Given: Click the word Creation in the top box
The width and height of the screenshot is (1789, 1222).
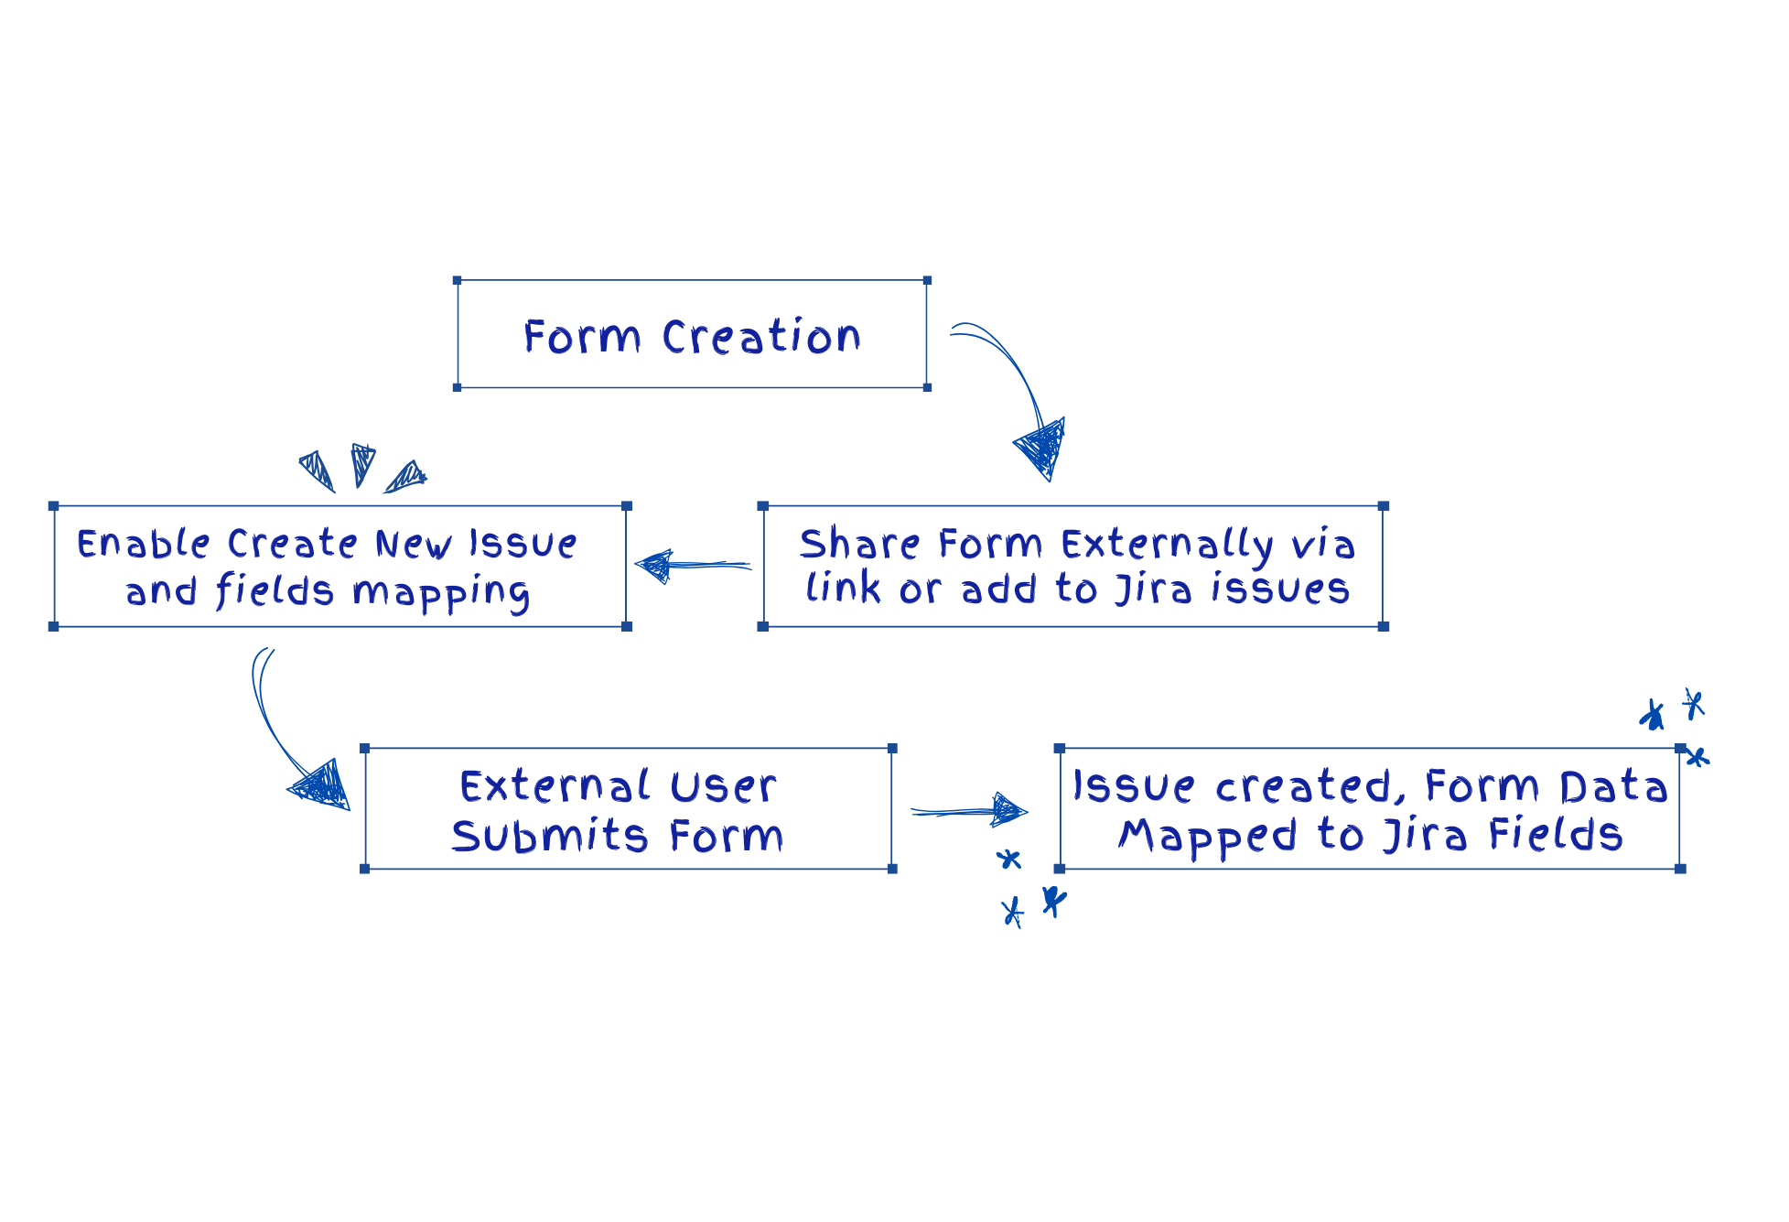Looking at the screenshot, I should [x=761, y=337].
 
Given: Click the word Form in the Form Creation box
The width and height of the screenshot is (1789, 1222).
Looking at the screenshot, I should [x=582, y=337].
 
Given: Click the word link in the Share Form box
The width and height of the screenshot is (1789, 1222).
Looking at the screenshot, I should [x=844, y=589].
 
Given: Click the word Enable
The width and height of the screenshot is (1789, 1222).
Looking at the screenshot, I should [x=144, y=544].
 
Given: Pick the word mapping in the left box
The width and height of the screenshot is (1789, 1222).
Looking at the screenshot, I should [x=441, y=593].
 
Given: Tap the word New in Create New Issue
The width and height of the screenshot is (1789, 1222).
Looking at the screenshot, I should [x=413, y=545].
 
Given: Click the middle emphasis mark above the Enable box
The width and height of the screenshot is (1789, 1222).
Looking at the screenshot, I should [x=362, y=464].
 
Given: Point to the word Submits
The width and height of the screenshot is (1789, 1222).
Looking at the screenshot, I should [x=550, y=837].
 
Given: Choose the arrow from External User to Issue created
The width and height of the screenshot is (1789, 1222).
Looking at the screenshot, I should [x=970, y=811].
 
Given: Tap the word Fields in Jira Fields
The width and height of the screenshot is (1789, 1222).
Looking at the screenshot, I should [x=1555, y=835].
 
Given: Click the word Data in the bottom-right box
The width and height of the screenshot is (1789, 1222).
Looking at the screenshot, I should [x=1613, y=787].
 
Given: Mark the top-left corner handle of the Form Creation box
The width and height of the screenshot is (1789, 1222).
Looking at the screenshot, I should [x=458, y=280].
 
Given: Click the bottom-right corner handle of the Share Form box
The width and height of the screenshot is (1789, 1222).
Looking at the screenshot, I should [x=1384, y=626].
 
